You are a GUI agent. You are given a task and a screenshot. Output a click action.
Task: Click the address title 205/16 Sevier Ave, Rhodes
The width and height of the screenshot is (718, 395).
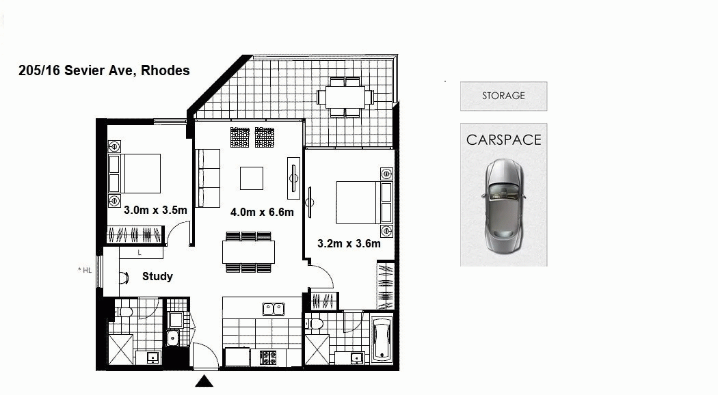pyautogui.click(x=104, y=70)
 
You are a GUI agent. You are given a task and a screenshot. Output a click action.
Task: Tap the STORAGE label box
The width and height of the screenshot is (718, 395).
pyautogui.click(x=503, y=96)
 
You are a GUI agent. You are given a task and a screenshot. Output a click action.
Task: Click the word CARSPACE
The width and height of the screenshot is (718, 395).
pyautogui.click(x=504, y=139)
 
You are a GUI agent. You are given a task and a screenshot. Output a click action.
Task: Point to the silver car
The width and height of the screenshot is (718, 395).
pyautogui.click(x=503, y=206)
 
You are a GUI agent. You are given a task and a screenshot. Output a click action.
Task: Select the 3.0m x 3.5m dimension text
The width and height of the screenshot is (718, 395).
pyautogui.click(x=156, y=210)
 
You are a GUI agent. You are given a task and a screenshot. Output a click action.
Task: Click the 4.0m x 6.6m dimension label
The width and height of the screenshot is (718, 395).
pyautogui.click(x=262, y=212)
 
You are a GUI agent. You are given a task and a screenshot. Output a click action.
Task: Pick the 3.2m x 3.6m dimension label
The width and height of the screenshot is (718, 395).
pyautogui.click(x=349, y=243)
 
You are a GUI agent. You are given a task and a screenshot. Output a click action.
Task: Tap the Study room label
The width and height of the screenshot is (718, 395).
pyautogui.click(x=157, y=277)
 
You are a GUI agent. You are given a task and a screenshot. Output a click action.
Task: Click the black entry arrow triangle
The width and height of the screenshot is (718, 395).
pyautogui.click(x=204, y=381)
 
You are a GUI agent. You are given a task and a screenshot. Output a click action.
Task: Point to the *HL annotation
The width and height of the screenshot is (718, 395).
pyautogui.click(x=85, y=270)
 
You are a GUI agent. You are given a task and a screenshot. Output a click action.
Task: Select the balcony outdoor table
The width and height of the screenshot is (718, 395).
pyautogui.click(x=345, y=97)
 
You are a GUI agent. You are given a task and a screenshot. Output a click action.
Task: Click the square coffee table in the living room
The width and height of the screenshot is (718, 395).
pyautogui.click(x=252, y=178)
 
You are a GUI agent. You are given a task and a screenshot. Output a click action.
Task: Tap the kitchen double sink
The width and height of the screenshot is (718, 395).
pyautogui.click(x=274, y=309)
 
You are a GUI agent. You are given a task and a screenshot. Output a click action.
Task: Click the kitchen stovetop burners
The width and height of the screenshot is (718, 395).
pyautogui.click(x=267, y=357)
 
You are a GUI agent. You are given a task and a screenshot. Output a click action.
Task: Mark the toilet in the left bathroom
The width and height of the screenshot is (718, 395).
pyautogui.click(x=124, y=312)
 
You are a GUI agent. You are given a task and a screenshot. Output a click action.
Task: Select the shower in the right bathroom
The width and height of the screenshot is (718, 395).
pyautogui.click(x=317, y=350)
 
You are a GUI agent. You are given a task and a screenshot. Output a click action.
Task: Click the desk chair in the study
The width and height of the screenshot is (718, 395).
pyautogui.click(x=124, y=277)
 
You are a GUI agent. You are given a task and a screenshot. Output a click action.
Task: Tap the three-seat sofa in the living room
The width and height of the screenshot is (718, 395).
pyautogui.click(x=207, y=178)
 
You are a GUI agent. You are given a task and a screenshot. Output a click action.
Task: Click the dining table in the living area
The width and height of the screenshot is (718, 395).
pyautogui.click(x=249, y=251)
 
